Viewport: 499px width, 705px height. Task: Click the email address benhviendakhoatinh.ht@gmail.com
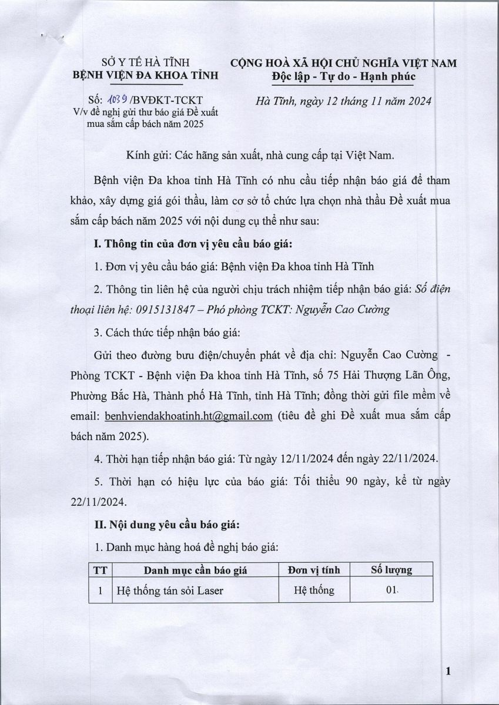pyautogui.click(x=188, y=417)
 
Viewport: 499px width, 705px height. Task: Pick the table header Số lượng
pyautogui.click(x=391, y=570)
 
